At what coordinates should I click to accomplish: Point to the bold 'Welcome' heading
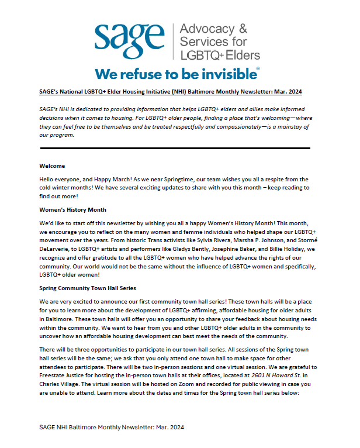[52, 166]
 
